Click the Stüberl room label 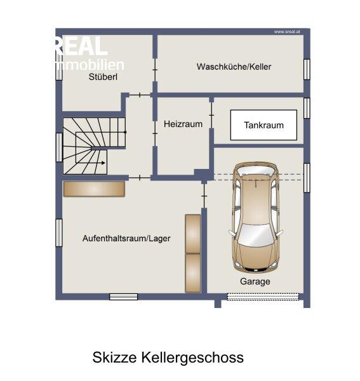[x=103, y=77]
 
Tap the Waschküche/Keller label [x=234, y=67]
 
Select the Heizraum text [x=183, y=124]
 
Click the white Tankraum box [x=263, y=125]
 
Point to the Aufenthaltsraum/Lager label [x=126, y=238]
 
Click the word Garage [x=255, y=281]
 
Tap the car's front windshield [x=256, y=234]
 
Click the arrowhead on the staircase [x=103, y=163]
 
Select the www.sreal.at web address [x=287, y=32]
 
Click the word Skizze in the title [x=114, y=357]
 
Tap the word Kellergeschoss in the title [x=192, y=358]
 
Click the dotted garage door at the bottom [x=263, y=297]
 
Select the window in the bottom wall [x=123, y=297]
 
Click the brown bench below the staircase [x=94, y=189]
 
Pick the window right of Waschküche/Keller [x=307, y=69]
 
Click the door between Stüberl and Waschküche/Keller [x=155, y=70]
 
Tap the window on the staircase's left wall [x=59, y=147]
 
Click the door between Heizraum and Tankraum [x=211, y=115]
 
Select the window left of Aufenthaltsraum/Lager [x=59, y=233]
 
